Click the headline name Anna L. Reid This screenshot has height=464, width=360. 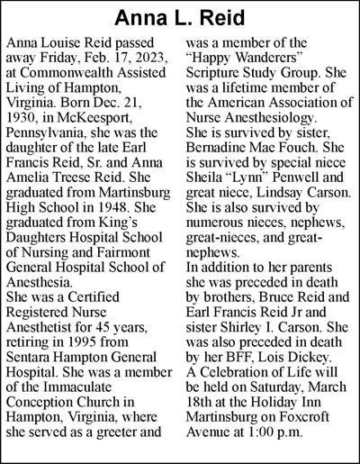pyautogui.click(x=179, y=18)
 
